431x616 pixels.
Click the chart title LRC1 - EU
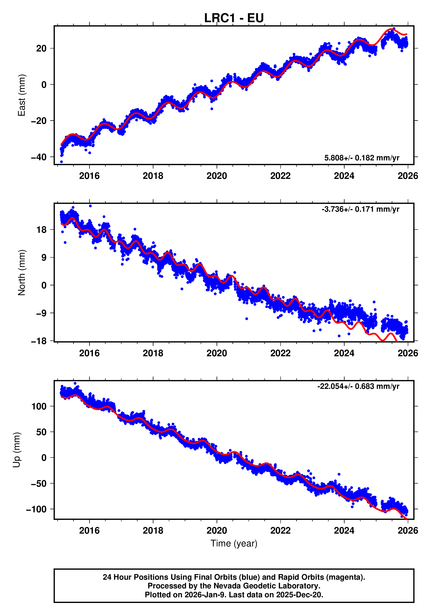234,18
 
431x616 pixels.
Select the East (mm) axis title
21,95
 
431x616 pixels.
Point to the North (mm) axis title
21,273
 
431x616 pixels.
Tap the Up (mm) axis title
17,450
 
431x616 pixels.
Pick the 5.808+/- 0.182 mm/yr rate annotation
362,158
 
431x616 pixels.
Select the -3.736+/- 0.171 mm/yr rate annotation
360,209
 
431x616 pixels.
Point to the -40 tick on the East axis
39,157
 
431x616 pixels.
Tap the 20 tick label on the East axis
41,48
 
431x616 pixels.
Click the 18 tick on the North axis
41,230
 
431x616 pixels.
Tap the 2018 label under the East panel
153,176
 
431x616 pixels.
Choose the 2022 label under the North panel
280,353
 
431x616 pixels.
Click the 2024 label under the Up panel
344,531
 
